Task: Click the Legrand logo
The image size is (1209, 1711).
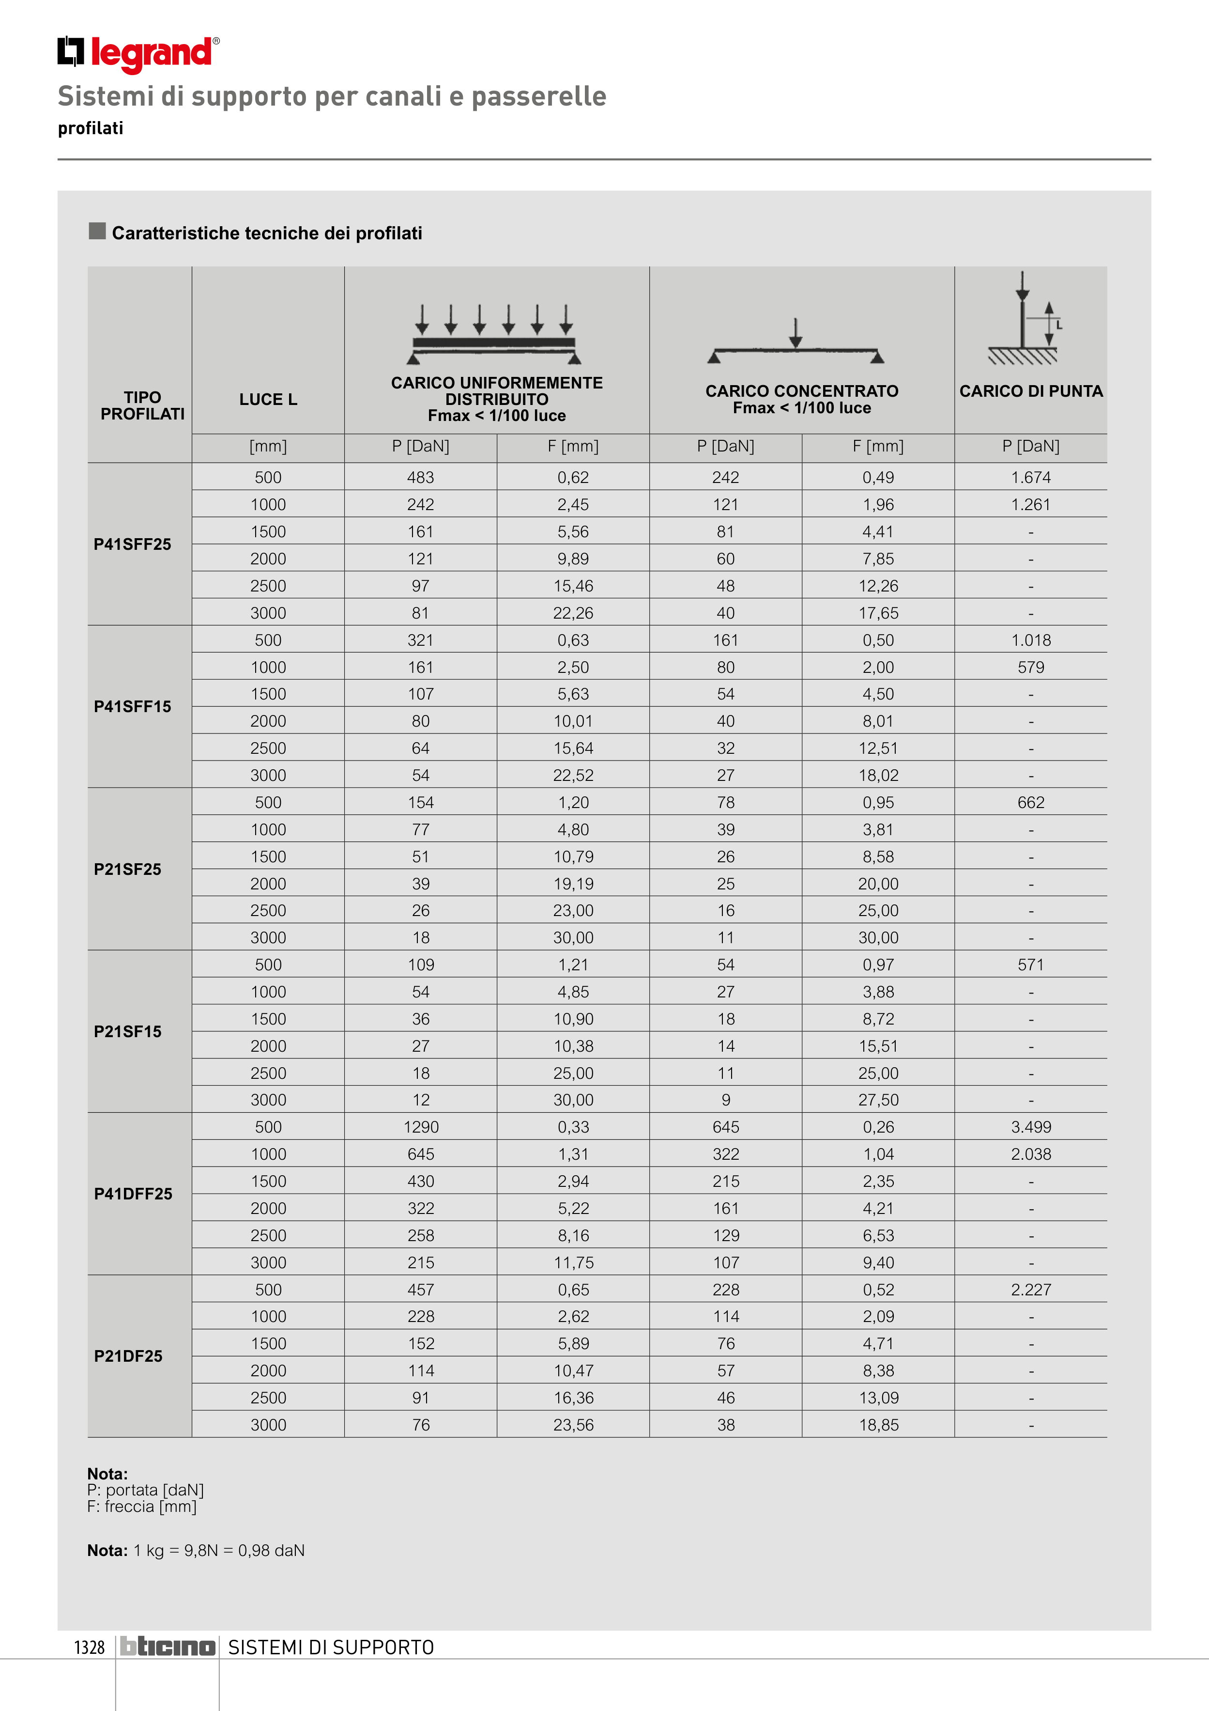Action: pos(138,54)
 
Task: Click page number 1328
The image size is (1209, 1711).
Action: pos(90,1648)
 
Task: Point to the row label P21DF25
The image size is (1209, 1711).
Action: pos(128,1356)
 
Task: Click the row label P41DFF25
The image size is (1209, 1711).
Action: pos(133,1194)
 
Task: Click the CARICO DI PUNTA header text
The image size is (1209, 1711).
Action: pos(1031,391)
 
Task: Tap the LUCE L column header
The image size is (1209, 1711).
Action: pos(268,400)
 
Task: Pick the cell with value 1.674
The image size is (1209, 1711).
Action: pos(1031,478)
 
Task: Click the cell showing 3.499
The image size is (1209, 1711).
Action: pos(1031,1127)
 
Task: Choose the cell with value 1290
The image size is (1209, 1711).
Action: pos(421,1127)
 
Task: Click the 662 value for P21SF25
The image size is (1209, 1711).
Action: pos(1031,803)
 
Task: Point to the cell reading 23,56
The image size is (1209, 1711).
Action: pos(574,1425)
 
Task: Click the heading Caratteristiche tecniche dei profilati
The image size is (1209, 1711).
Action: pos(267,233)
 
